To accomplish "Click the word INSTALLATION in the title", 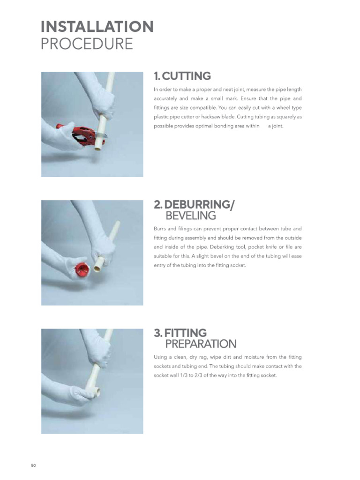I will point(97,26).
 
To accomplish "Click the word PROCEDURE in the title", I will point(87,44).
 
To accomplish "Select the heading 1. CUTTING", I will point(182,76).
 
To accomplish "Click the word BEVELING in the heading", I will point(191,216).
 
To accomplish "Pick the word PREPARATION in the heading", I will point(201,344).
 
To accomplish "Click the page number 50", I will point(33,465).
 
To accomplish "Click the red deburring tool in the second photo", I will point(82,269).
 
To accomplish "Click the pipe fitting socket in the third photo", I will point(96,390).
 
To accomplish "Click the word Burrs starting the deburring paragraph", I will point(160,229).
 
